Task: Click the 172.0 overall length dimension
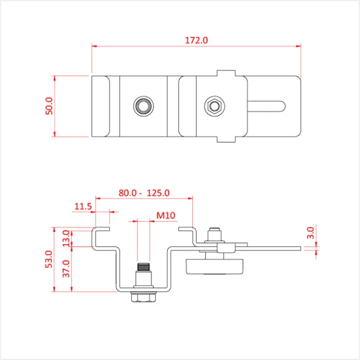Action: (x=196, y=40)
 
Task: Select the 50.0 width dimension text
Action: (x=49, y=106)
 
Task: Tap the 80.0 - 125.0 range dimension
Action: (x=144, y=193)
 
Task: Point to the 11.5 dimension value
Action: (x=82, y=206)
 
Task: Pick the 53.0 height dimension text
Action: (x=49, y=260)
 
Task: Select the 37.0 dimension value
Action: (x=66, y=269)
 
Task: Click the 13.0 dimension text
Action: (x=66, y=238)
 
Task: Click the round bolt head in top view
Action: (x=142, y=105)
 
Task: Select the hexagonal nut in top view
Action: (x=213, y=105)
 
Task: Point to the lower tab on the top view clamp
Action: (x=226, y=138)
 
